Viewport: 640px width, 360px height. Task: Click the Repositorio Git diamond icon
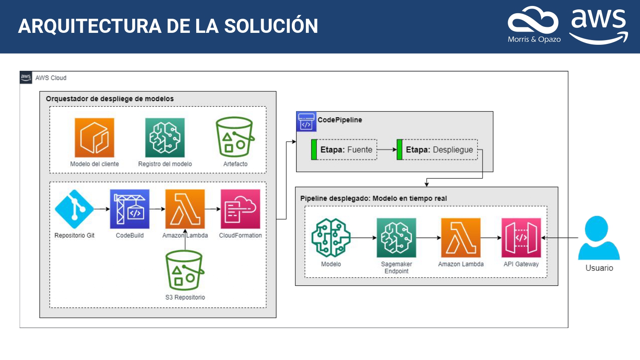click(x=74, y=209)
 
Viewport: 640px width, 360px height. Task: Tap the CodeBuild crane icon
click(x=130, y=209)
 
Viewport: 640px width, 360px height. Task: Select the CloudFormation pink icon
click(x=240, y=209)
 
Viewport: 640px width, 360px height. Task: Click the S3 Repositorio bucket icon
click(x=185, y=270)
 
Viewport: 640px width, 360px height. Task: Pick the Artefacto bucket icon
click(x=235, y=137)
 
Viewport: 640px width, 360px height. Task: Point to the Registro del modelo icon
click(x=165, y=137)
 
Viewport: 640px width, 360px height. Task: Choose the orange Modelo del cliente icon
click(x=94, y=137)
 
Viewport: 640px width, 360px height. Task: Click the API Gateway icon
click(x=521, y=238)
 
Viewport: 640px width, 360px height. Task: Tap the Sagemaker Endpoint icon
click(x=396, y=238)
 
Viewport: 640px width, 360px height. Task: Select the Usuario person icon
click(x=599, y=238)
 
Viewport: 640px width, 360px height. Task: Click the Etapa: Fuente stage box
click(x=344, y=149)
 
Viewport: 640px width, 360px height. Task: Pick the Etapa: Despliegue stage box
click(x=437, y=149)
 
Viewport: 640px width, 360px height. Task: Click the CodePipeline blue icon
click(x=306, y=122)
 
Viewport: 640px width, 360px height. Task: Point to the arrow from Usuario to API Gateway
click(x=560, y=238)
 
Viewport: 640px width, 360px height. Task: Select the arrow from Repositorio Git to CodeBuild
click(x=102, y=209)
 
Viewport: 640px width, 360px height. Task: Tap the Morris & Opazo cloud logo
click(x=533, y=20)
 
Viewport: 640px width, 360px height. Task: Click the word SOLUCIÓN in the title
click(x=271, y=25)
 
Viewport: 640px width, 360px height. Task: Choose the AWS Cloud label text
click(x=51, y=78)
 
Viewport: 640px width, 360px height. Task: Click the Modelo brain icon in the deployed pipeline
click(x=331, y=238)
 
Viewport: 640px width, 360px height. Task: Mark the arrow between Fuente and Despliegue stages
click(x=387, y=149)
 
